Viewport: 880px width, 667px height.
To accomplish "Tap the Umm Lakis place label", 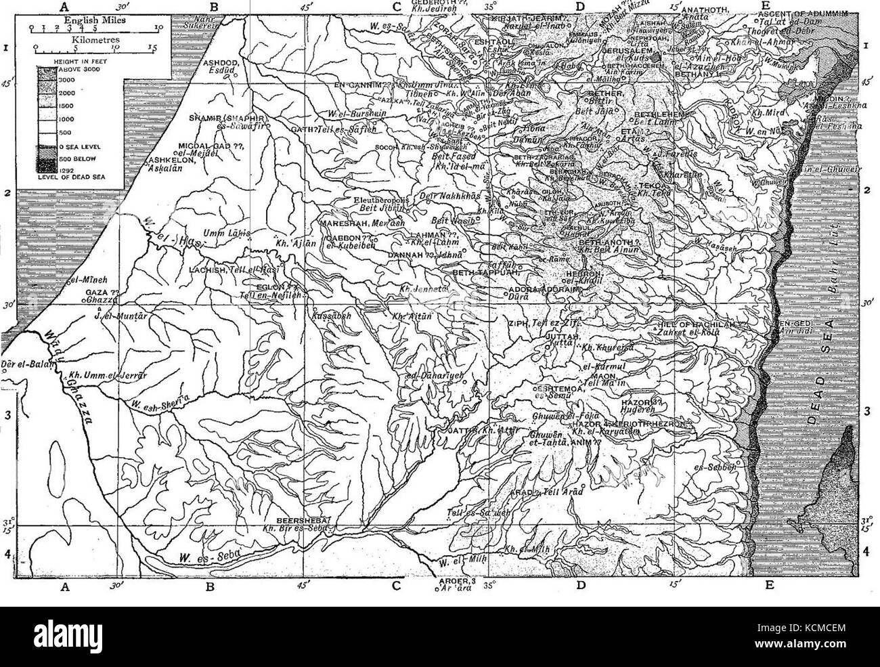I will click(x=232, y=232).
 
